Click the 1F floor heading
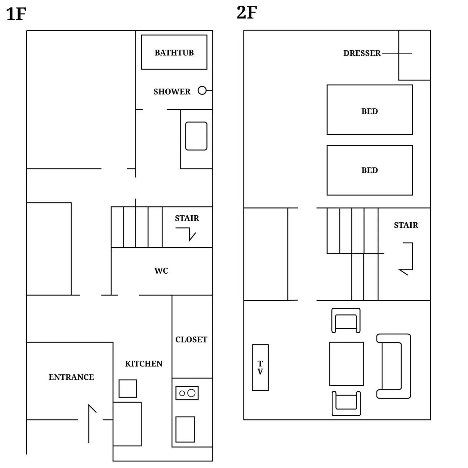(x=16, y=14)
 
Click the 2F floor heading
(x=246, y=13)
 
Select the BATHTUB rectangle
(x=174, y=52)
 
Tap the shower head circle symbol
(x=202, y=90)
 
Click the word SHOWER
(x=172, y=92)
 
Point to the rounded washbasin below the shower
(x=196, y=136)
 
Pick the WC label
(x=161, y=271)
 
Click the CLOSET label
(x=191, y=340)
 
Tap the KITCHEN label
(x=143, y=364)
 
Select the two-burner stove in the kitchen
(x=187, y=393)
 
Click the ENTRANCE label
(x=71, y=377)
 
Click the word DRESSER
(x=362, y=53)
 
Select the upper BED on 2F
(x=370, y=110)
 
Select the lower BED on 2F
(x=370, y=170)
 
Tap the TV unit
(x=260, y=367)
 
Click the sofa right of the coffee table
(x=394, y=366)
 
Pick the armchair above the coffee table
(x=346, y=320)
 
